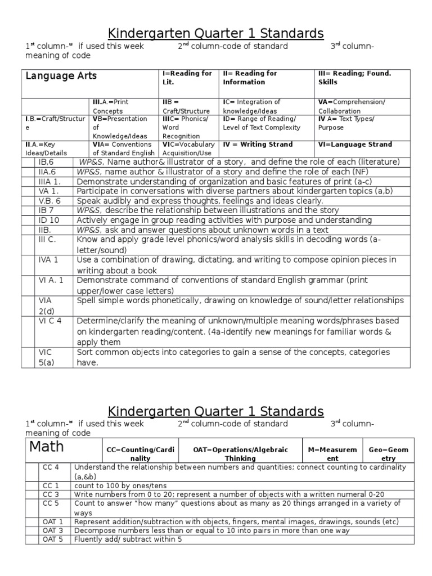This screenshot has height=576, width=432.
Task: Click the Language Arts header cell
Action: point(61,76)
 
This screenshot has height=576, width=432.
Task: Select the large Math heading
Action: point(47,448)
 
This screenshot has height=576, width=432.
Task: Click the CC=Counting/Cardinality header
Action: point(132,454)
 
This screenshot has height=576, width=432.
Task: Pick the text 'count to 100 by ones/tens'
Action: point(120,485)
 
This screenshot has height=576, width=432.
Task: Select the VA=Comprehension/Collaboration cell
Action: point(352,106)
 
